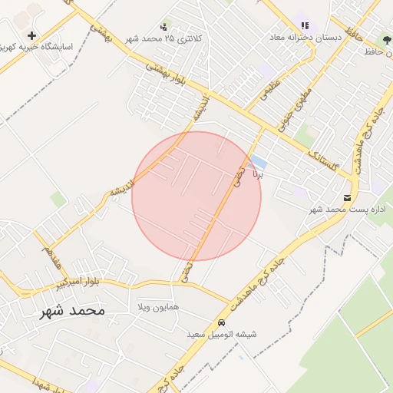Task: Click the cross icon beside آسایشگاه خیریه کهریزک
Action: coord(31,35)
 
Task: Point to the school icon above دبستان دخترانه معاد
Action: coord(305,26)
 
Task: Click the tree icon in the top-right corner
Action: coord(387,41)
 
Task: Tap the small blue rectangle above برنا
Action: coord(259,163)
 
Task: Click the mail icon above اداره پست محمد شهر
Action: coord(348,198)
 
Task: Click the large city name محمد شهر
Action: coord(71,311)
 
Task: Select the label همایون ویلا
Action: coord(159,307)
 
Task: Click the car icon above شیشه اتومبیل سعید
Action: coord(221,323)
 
